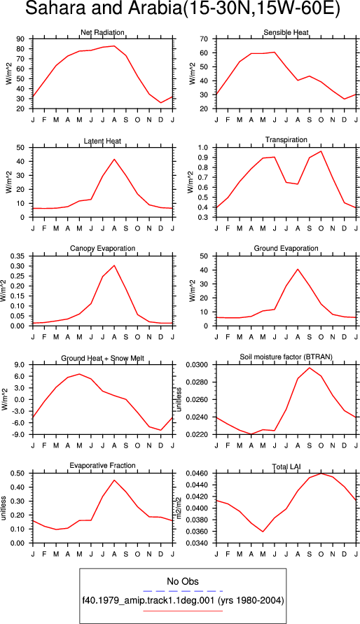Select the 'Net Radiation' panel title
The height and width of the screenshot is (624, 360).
(102, 32)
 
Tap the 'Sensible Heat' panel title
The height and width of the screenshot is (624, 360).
(286, 32)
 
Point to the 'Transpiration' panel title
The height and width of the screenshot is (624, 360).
(286, 139)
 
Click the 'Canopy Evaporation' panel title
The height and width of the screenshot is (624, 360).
(103, 249)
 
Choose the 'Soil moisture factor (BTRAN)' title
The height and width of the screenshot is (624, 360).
(286, 357)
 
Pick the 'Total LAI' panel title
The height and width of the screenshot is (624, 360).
(286, 465)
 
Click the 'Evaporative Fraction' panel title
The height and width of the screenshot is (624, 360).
(103, 465)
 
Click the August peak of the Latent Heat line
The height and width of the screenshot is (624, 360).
(114, 159)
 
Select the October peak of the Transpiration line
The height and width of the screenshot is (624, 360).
(321, 151)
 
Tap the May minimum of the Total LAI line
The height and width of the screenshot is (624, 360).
(263, 532)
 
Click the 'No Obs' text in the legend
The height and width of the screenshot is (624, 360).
(183, 581)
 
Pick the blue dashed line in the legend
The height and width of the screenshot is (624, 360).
(183, 591)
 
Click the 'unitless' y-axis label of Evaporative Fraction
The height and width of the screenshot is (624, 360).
(4, 508)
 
